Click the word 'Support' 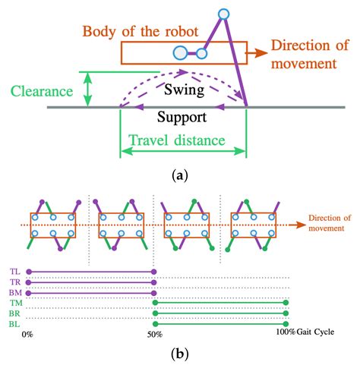click(182, 118)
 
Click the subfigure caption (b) click(180, 353)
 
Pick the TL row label click(15, 271)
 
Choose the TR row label click(15, 282)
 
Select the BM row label click(15, 292)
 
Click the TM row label click(15, 303)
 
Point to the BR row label click(15, 313)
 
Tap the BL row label click(15, 324)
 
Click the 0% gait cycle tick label click(27, 334)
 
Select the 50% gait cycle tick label click(155, 334)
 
